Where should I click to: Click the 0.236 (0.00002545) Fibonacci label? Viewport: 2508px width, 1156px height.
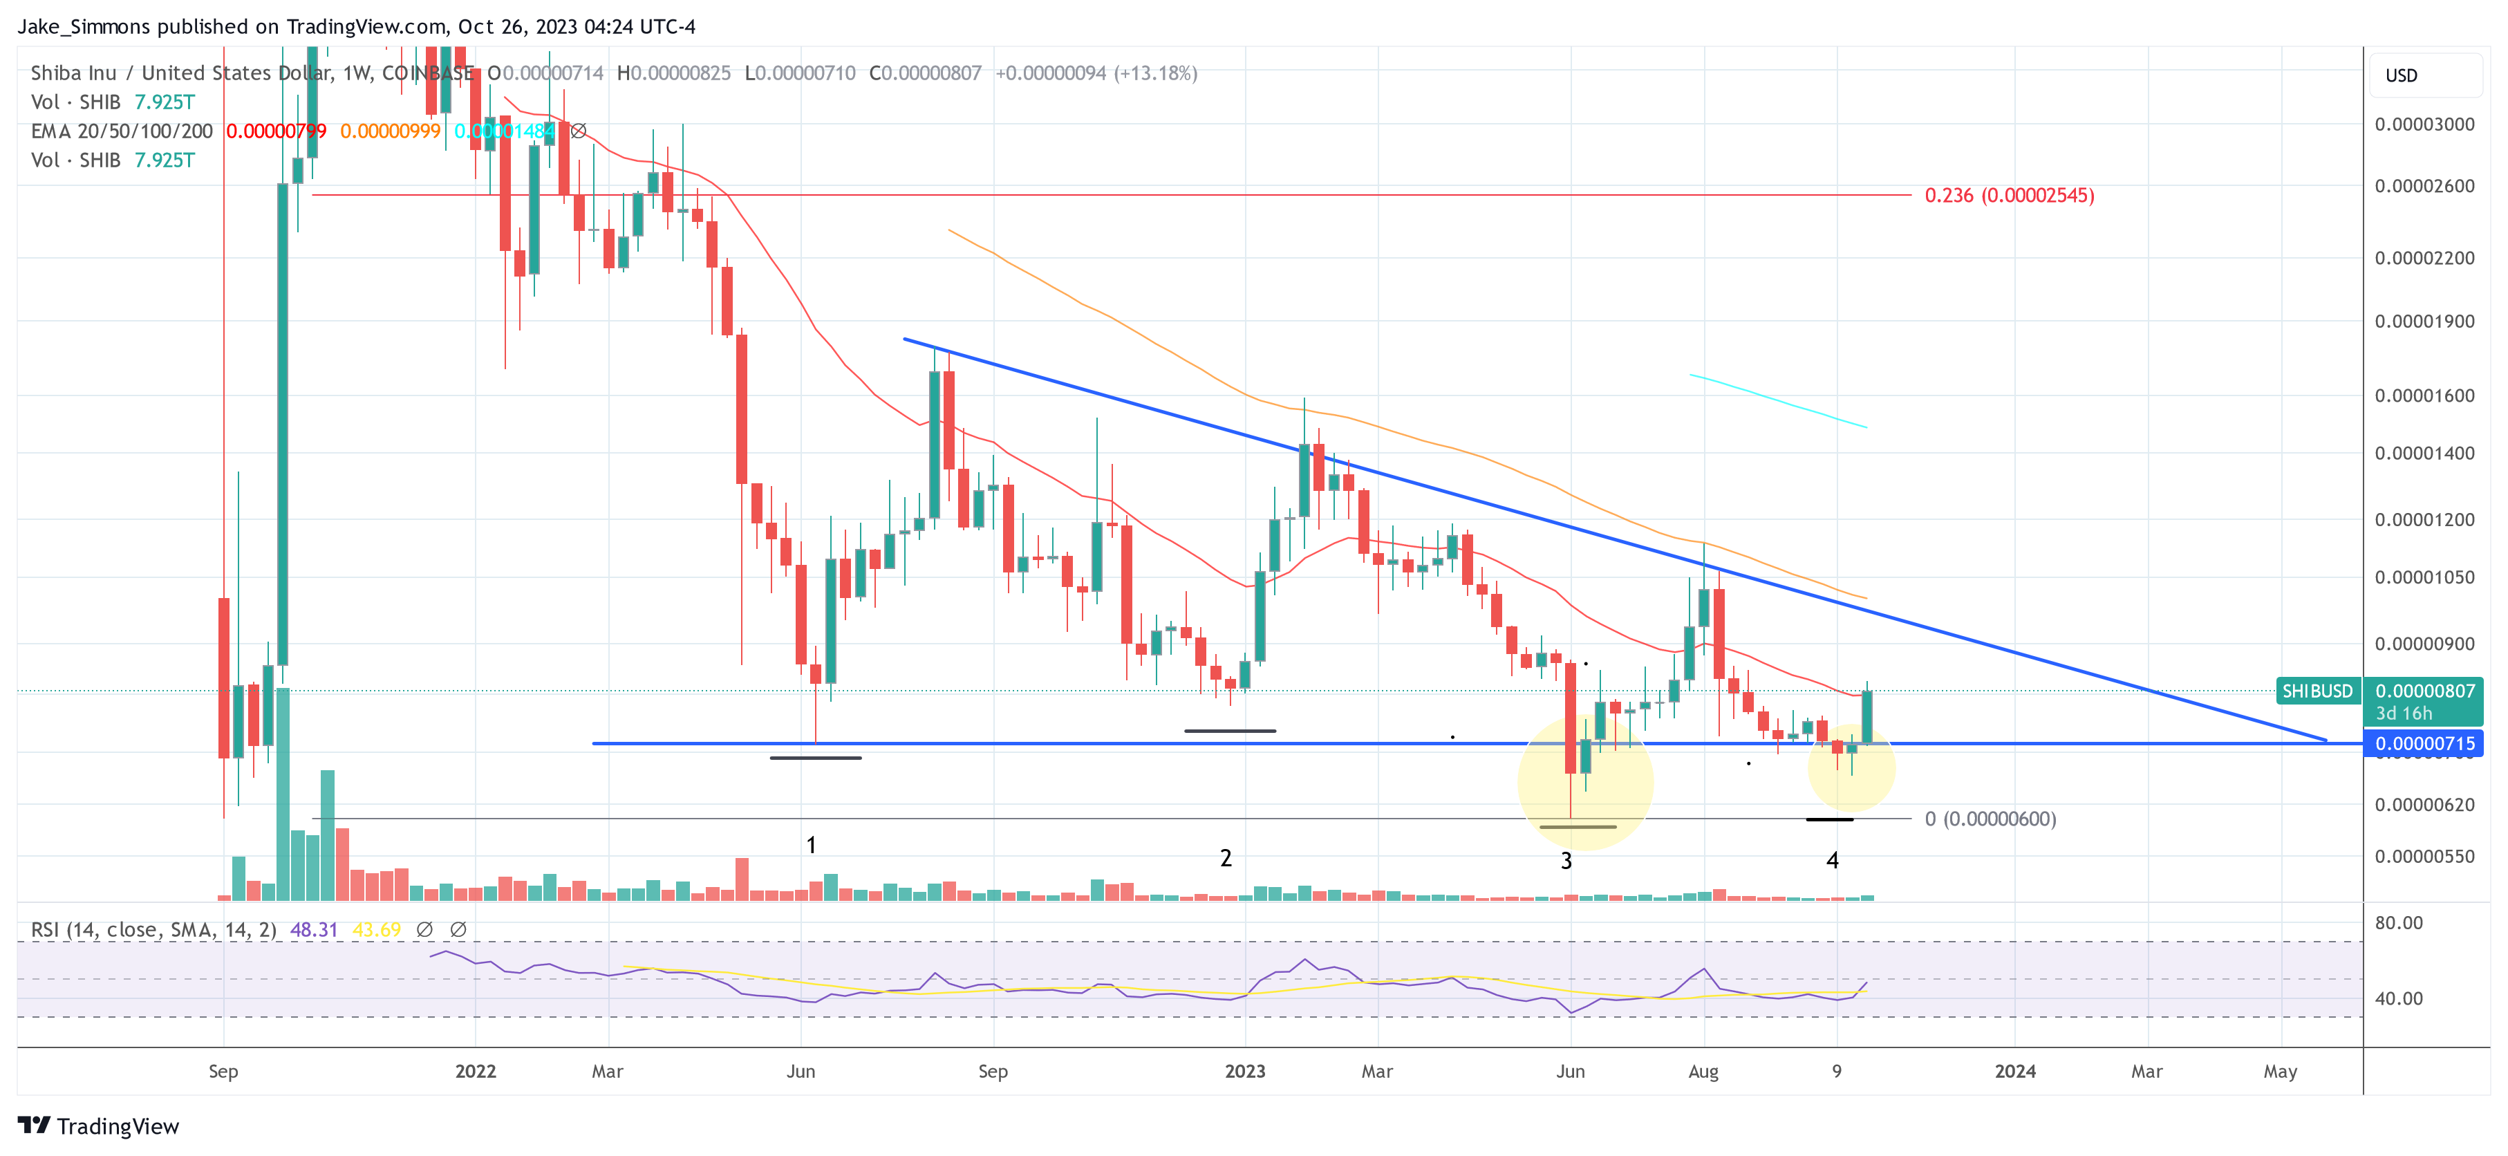2008,196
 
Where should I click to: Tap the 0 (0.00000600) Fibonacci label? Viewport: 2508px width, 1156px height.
1990,819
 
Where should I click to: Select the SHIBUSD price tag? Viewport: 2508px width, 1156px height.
2317,691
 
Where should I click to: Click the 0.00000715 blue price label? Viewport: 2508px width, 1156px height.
2424,744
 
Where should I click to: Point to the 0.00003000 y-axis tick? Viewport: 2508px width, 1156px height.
2424,124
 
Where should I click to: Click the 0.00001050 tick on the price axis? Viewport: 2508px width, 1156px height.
2424,577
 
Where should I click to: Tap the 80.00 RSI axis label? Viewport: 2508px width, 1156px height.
2399,922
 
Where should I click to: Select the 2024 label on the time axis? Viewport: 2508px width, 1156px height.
2014,1071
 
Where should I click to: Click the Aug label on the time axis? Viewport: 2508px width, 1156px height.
1703,1071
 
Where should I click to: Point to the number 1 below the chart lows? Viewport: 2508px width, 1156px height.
811,846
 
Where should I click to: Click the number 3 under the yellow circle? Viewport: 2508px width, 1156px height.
1566,861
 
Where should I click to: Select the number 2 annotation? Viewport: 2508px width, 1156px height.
1226,858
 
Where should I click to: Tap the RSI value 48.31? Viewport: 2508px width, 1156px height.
314,930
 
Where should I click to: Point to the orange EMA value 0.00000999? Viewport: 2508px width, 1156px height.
389,131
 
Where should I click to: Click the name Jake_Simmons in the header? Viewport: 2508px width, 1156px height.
84,26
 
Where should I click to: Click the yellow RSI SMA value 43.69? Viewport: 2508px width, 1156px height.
376,930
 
